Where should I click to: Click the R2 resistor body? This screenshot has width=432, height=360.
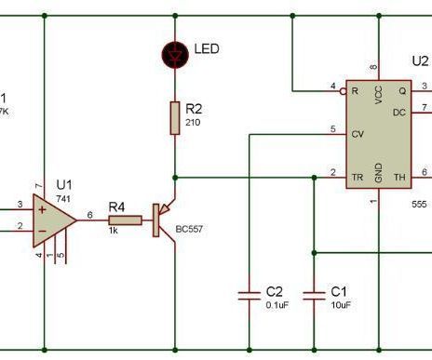pos(174,117)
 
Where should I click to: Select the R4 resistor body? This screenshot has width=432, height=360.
pos(124,220)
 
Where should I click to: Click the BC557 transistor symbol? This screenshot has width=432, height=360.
pos(164,220)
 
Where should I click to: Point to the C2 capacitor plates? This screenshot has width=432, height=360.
pos(249,296)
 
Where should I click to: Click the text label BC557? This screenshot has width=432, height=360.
pos(191,252)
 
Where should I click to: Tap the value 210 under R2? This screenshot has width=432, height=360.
pos(193,122)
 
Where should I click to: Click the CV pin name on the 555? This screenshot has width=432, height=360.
pos(357,134)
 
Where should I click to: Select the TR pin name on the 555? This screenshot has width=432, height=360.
pos(356,174)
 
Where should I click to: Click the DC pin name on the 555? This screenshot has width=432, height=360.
pos(398,112)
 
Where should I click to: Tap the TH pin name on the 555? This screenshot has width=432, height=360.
pos(399,174)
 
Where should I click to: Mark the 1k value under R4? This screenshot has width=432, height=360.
pos(113,230)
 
